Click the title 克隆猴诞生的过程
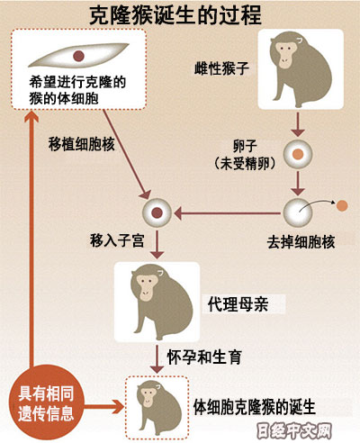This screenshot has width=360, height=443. pyautogui.click(x=175, y=15)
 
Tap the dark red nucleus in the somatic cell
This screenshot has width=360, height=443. pyautogui.click(x=79, y=56)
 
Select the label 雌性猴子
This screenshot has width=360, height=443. pyautogui.click(x=221, y=68)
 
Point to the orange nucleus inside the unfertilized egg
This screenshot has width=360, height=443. pyautogui.click(x=298, y=154)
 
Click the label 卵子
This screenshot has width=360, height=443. pyautogui.click(x=245, y=147)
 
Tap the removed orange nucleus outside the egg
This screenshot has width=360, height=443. pyautogui.click(x=342, y=206)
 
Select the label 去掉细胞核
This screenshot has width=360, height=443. pyautogui.click(x=301, y=242)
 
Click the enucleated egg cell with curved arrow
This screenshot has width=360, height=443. pyautogui.click(x=298, y=212)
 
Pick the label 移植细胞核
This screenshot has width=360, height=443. pyautogui.click(x=82, y=144)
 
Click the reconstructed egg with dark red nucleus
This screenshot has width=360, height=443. pyautogui.click(x=157, y=212)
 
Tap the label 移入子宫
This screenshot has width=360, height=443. pyautogui.click(x=117, y=240)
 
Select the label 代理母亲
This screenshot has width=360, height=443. pyautogui.click(x=238, y=304)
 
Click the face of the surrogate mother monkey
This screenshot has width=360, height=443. pyautogui.click(x=147, y=287)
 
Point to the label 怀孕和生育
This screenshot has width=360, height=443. pyautogui.click(x=204, y=357)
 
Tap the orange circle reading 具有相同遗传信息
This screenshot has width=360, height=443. pyautogui.click(x=46, y=402)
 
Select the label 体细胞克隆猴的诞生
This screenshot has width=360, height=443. pyautogui.click(x=255, y=407)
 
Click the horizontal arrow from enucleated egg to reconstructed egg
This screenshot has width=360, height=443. pyautogui.click(x=228, y=213)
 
